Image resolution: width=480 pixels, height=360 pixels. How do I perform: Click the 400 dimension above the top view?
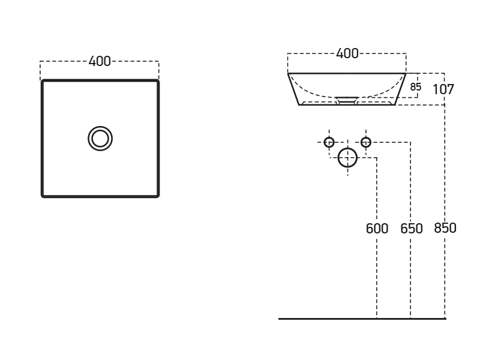(x=100, y=61)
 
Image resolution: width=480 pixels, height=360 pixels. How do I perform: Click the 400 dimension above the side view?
(x=347, y=53)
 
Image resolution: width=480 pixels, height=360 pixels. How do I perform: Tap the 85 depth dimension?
(x=416, y=87)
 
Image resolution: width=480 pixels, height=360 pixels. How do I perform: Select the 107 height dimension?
(x=443, y=90)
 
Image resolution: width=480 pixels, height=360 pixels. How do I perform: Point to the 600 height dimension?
(x=377, y=229)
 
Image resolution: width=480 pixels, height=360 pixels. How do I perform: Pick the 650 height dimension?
(x=412, y=229)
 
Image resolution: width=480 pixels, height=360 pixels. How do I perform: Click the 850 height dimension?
(x=445, y=228)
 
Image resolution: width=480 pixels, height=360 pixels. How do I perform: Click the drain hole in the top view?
(x=100, y=139)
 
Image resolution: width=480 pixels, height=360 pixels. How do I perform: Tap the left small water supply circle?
(x=329, y=142)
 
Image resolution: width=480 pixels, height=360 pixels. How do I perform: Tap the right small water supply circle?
(x=366, y=142)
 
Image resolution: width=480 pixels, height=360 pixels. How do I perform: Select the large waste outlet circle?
(x=347, y=158)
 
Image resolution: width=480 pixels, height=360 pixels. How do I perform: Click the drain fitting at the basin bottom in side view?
(x=347, y=100)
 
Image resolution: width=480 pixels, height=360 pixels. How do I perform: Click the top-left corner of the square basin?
(x=43, y=81)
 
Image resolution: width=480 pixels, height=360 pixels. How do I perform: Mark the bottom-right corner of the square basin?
(x=158, y=196)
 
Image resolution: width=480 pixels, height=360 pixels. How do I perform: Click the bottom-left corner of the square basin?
(x=43, y=196)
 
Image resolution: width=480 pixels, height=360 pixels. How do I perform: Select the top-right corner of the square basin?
(x=158, y=81)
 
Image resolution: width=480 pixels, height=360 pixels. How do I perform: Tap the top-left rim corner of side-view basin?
(x=288, y=73)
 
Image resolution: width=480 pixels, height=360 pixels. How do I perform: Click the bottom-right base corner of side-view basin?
(x=395, y=105)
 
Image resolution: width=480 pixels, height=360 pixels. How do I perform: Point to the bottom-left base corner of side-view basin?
(x=299, y=105)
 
